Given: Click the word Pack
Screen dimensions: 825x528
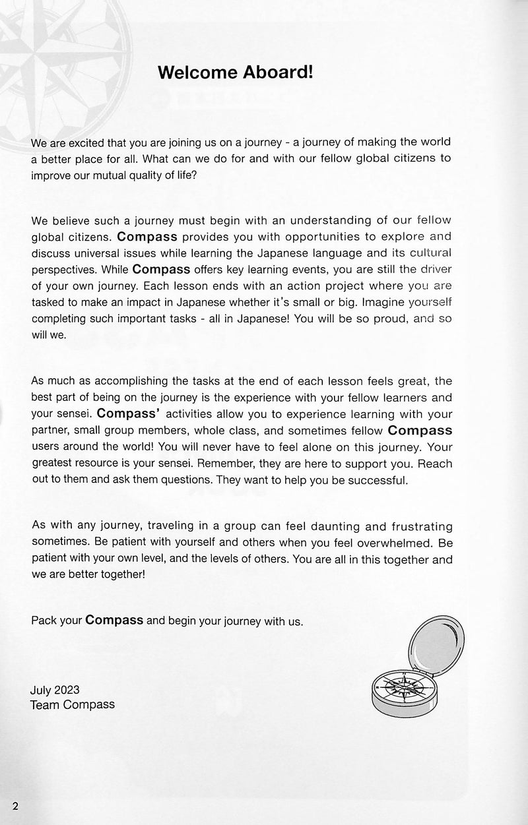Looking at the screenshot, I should coord(42,621).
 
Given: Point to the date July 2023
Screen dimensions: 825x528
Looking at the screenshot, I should coord(55,690).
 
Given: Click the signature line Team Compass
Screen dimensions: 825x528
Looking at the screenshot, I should coord(73,705).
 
